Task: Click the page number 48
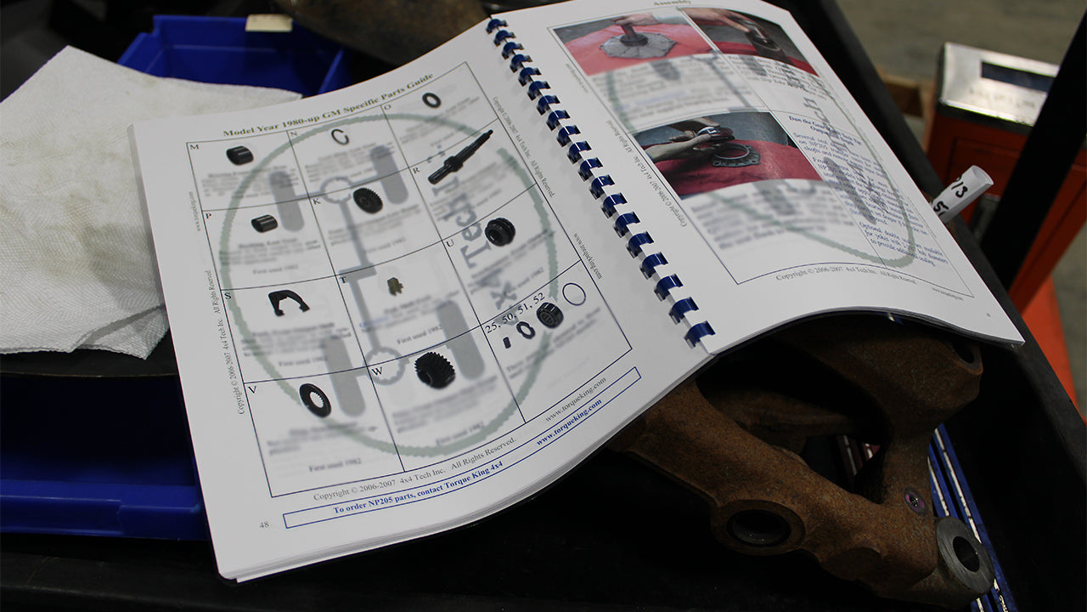264,524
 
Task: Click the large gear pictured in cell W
434,370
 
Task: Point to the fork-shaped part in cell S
288,302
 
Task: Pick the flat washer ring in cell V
314,399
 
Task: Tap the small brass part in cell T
395,286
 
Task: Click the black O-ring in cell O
431,99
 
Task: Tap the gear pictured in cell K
367,200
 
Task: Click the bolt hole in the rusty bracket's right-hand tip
966,554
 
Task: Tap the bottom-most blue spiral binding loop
700,333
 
